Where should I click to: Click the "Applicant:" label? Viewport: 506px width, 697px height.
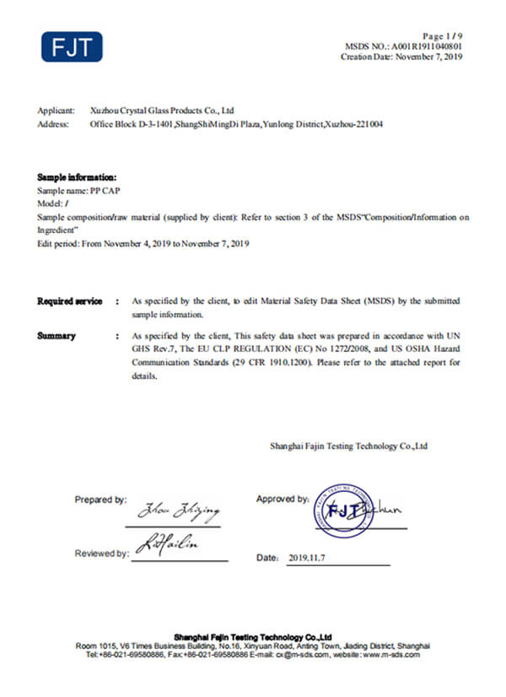click(x=56, y=111)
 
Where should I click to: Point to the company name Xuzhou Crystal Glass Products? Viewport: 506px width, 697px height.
click(x=161, y=111)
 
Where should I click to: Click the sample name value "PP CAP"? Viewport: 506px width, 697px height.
click(x=105, y=192)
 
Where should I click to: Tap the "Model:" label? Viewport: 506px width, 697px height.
click(x=50, y=204)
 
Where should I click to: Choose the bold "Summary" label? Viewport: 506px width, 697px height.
click(x=57, y=336)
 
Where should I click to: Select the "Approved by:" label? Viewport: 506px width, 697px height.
click(x=282, y=499)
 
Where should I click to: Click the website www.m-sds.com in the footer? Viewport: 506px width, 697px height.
click(x=396, y=655)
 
